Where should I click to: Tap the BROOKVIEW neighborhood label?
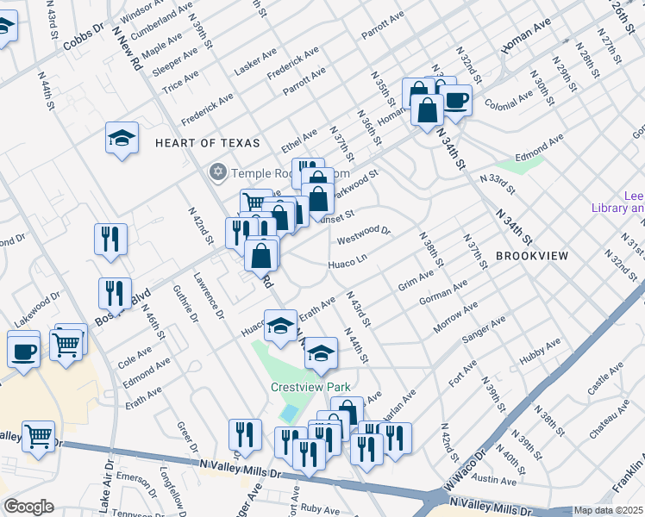pos(532,257)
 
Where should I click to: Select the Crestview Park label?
pos(302,388)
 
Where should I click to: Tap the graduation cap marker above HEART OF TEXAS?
pos(122,138)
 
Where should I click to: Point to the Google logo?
pos(28,507)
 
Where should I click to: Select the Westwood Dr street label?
pos(364,233)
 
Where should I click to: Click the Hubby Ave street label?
pos(540,360)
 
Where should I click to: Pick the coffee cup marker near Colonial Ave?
pos(455,101)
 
